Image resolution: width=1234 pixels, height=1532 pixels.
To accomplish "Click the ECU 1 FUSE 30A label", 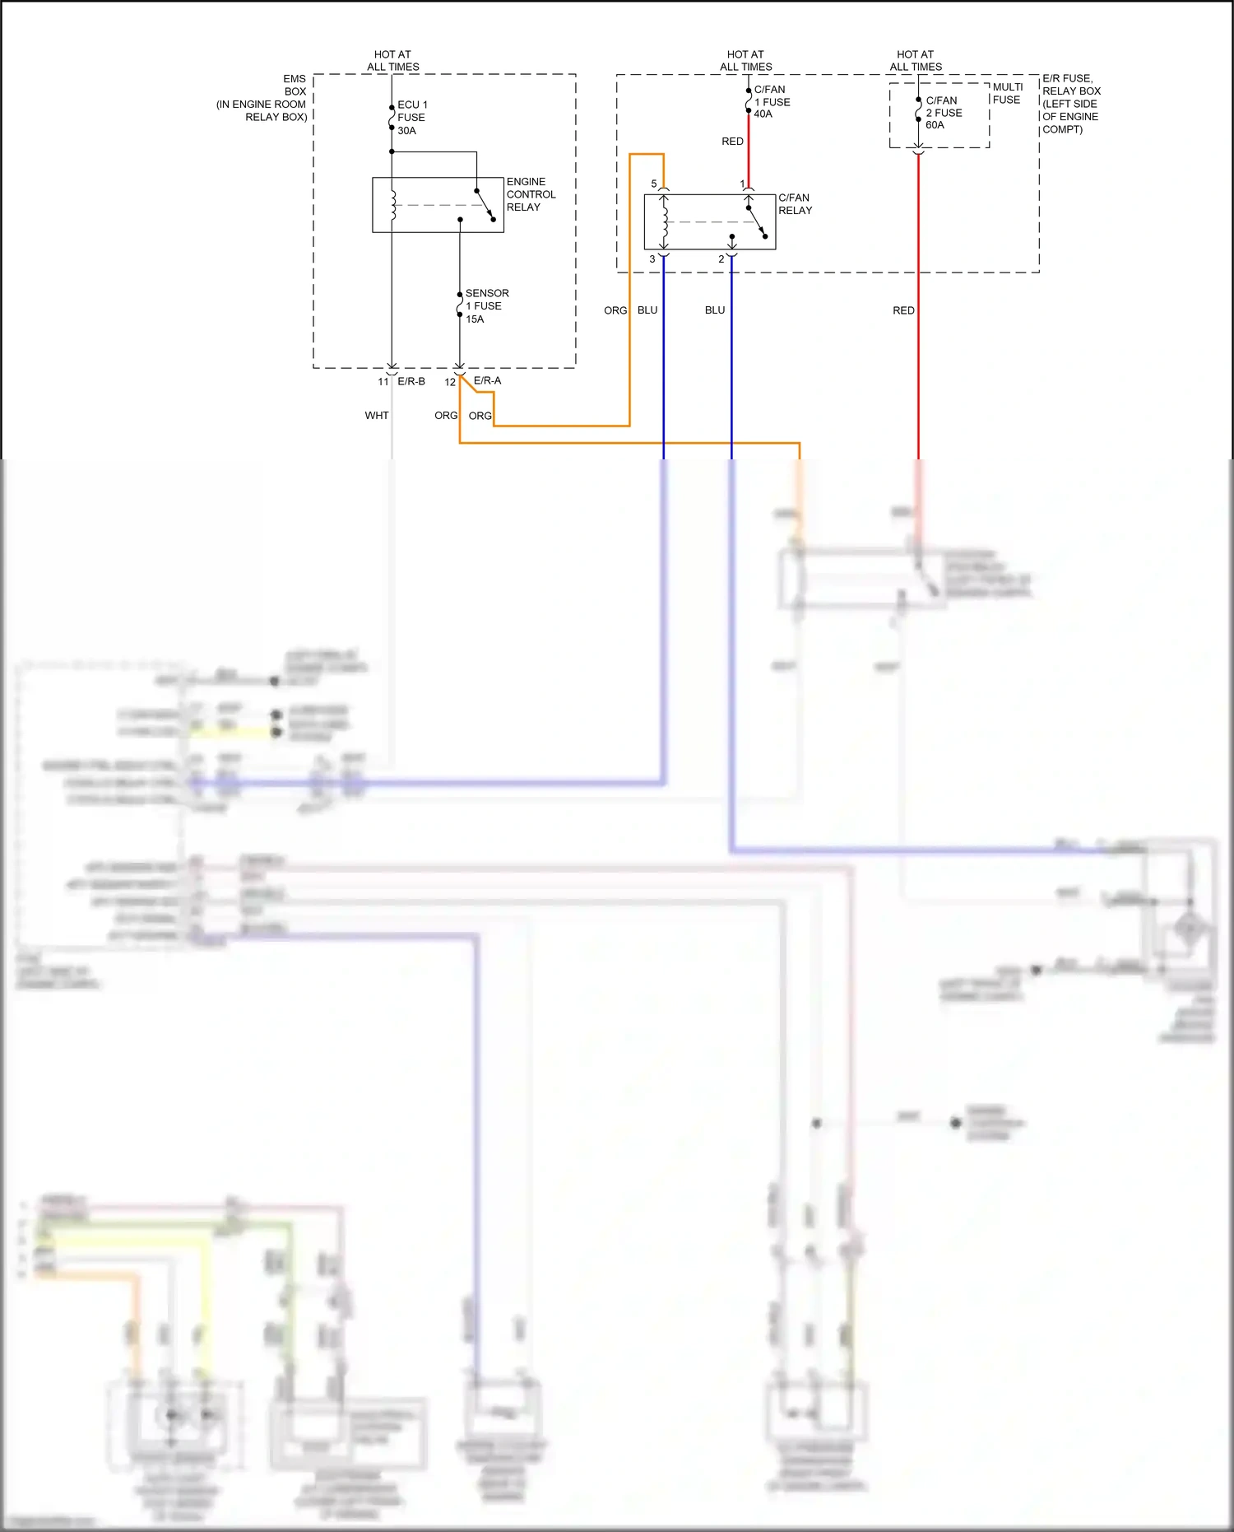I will (x=411, y=118).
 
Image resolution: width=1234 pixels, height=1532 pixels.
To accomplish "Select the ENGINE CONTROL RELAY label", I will (x=531, y=194).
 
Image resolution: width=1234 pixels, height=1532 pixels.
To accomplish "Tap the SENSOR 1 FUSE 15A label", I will (x=486, y=305).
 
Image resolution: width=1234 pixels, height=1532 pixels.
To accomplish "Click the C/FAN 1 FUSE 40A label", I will (x=772, y=101).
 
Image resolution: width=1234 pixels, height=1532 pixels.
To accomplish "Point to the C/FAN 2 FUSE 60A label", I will (x=944, y=113).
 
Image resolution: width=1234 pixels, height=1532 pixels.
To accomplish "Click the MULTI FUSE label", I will (x=1007, y=93).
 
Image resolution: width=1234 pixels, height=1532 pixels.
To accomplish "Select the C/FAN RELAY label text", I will (x=795, y=204).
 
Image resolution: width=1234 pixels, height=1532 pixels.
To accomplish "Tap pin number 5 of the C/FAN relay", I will (x=654, y=184).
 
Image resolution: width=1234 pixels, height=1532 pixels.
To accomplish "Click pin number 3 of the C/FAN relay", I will (x=652, y=259).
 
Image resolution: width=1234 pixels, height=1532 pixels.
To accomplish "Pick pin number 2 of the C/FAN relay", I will (x=721, y=259).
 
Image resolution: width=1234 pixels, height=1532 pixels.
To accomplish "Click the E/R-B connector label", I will (x=411, y=381).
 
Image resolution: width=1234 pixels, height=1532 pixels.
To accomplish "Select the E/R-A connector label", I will (x=487, y=380).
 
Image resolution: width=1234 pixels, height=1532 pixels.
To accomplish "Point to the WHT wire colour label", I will (x=377, y=416).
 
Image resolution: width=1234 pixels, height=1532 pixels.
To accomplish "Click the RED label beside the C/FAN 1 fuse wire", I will (x=732, y=142).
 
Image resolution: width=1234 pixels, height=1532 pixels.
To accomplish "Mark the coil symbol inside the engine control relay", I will (x=392, y=205).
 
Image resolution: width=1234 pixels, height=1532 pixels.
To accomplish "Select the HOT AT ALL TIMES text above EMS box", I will (x=392, y=61).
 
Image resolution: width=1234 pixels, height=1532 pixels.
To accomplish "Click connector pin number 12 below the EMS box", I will (x=450, y=382).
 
